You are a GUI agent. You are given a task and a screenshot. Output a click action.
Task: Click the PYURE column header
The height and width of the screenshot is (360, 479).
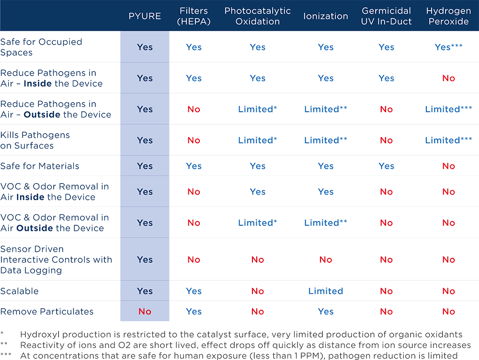coord(145,16)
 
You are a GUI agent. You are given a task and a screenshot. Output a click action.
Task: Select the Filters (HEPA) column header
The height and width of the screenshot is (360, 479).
coord(194,16)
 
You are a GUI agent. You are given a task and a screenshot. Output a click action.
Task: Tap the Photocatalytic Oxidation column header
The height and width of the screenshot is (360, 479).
coord(258,16)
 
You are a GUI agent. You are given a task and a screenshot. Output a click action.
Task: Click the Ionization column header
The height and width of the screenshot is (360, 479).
coord(325,16)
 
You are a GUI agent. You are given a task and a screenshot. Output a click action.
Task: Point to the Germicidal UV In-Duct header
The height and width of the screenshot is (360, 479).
coord(387,16)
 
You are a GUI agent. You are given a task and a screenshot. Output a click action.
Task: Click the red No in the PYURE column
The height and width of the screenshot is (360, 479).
coord(145,312)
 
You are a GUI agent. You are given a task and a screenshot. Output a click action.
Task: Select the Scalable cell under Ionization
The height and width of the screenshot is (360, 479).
coord(325,291)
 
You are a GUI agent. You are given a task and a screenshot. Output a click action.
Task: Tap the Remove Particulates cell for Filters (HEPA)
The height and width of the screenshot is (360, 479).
coord(194,312)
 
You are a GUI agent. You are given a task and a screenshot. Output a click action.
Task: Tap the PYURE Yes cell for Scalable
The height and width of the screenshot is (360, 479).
coord(145,291)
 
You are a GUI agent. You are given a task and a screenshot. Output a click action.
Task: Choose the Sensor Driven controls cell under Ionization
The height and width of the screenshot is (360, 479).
coord(325,259)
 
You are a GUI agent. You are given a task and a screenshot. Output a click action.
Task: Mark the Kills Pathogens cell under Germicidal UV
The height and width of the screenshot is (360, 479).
coord(387,140)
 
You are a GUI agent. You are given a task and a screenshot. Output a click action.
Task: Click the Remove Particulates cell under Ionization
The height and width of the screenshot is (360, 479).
coord(325,312)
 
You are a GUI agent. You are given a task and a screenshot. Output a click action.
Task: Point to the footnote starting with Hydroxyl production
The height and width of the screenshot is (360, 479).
coord(239,334)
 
